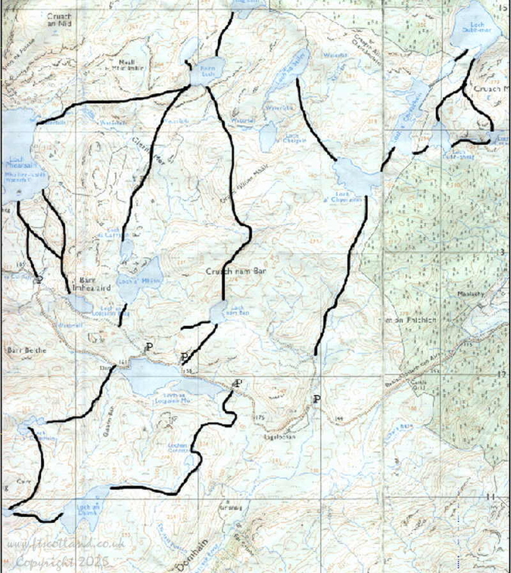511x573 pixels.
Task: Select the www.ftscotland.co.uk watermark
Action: (x=64, y=546)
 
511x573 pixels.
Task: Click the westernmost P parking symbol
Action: (x=148, y=347)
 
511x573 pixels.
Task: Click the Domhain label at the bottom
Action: (x=193, y=564)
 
